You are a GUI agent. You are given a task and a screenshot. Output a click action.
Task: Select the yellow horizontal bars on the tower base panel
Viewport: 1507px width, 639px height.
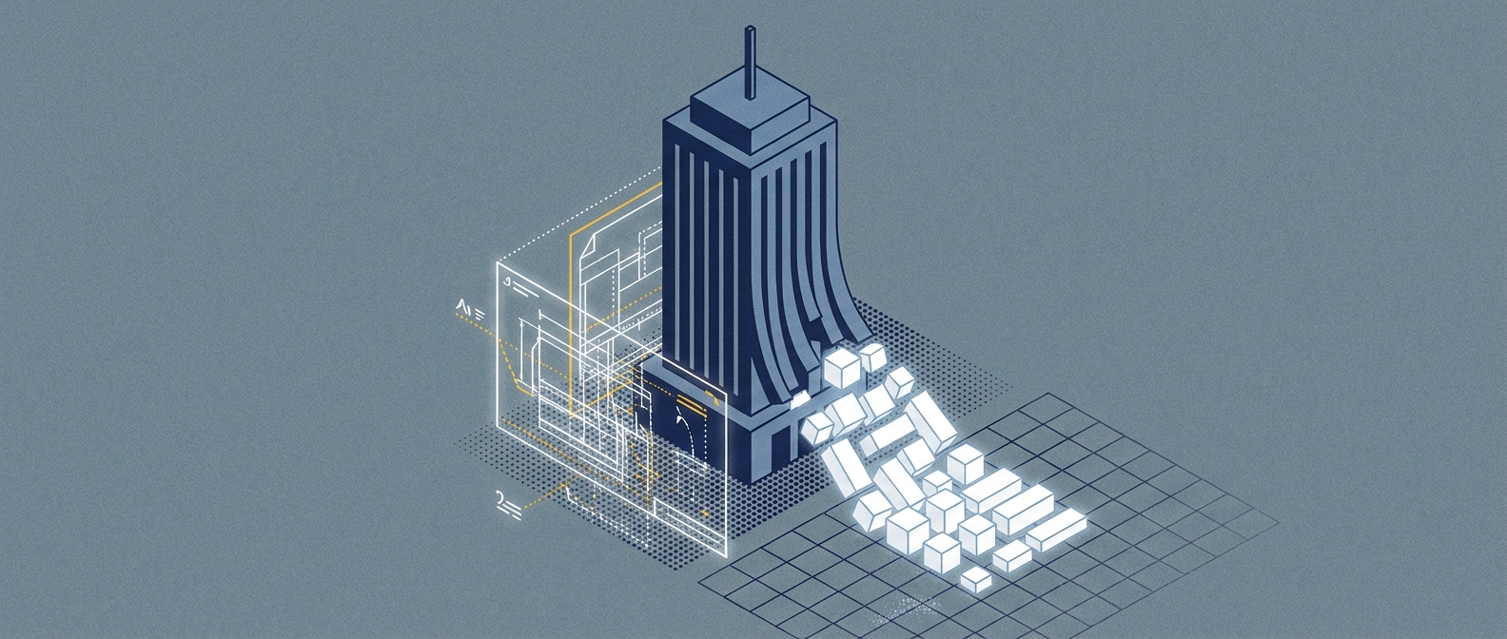tap(710, 398)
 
